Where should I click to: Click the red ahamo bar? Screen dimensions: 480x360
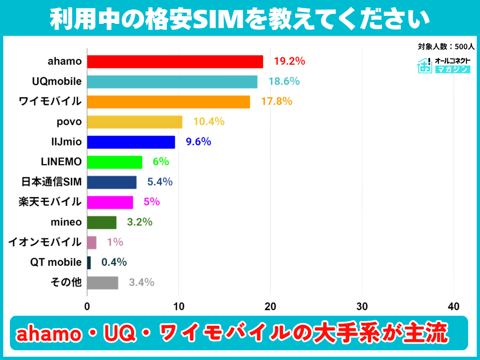click(x=175, y=61)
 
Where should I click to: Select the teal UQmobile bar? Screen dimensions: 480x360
click(x=172, y=82)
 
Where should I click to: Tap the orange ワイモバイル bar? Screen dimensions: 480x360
click(x=169, y=102)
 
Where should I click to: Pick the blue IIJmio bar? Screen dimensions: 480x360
click(x=131, y=142)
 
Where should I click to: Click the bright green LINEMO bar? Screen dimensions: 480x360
click(x=115, y=162)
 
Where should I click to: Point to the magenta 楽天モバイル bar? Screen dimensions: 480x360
click(x=110, y=202)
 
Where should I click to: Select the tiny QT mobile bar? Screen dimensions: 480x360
click(x=89, y=262)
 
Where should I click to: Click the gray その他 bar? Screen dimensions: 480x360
click(x=103, y=283)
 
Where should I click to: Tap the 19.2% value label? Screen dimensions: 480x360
click(x=289, y=61)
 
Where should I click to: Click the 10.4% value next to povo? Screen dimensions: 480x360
click(x=209, y=121)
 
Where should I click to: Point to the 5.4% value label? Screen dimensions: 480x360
click(x=160, y=182)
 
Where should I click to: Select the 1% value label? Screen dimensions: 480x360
click(x=115, y=242)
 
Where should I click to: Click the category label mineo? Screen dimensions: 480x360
click(x=66, y=222)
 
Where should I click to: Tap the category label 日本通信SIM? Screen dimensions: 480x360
click(x=52, y=182)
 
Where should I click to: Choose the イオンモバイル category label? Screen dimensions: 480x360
click(x=45, y=242)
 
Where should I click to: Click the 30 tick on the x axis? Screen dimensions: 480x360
click(x=362, y=307)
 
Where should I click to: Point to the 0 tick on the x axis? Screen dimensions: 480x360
click(x=87, y=307)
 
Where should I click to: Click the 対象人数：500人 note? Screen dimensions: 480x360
click(x=446, y=46)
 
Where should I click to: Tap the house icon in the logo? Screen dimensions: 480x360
click(x=425, y=65)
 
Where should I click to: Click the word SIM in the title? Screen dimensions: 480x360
click(x=217, y=20)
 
